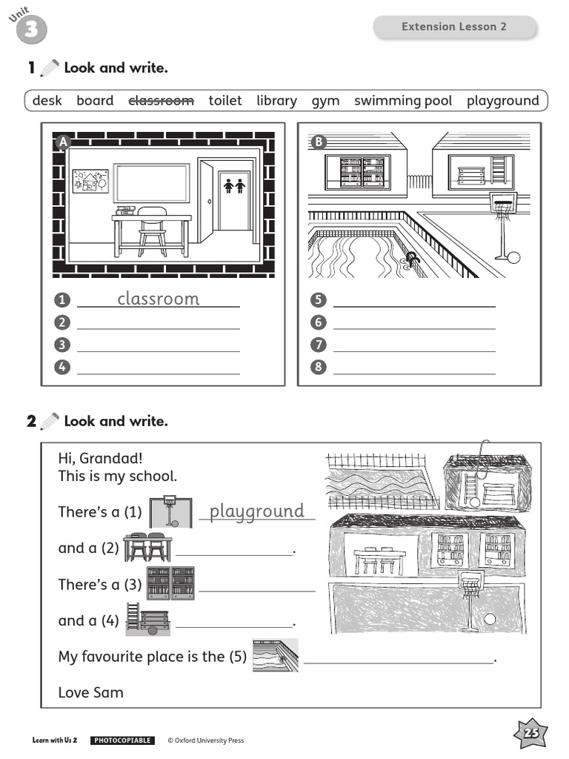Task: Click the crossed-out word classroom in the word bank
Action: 162,101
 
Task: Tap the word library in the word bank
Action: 276,101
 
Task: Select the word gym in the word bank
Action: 325,101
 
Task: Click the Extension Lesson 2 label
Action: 454,27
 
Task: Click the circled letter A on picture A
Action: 63,142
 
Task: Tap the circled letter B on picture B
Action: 319,142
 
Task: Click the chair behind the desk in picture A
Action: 152,230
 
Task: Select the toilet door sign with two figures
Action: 234,186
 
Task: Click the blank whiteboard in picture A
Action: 151,183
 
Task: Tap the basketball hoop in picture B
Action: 502,204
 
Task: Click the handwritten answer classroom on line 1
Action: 159,299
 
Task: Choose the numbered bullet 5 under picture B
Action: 319,300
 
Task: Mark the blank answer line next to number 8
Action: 414,367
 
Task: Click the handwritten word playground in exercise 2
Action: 257,511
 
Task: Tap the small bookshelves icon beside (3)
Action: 170,583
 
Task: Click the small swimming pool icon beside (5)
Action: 275,655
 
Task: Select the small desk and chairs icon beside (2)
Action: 148,547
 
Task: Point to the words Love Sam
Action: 91,692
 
